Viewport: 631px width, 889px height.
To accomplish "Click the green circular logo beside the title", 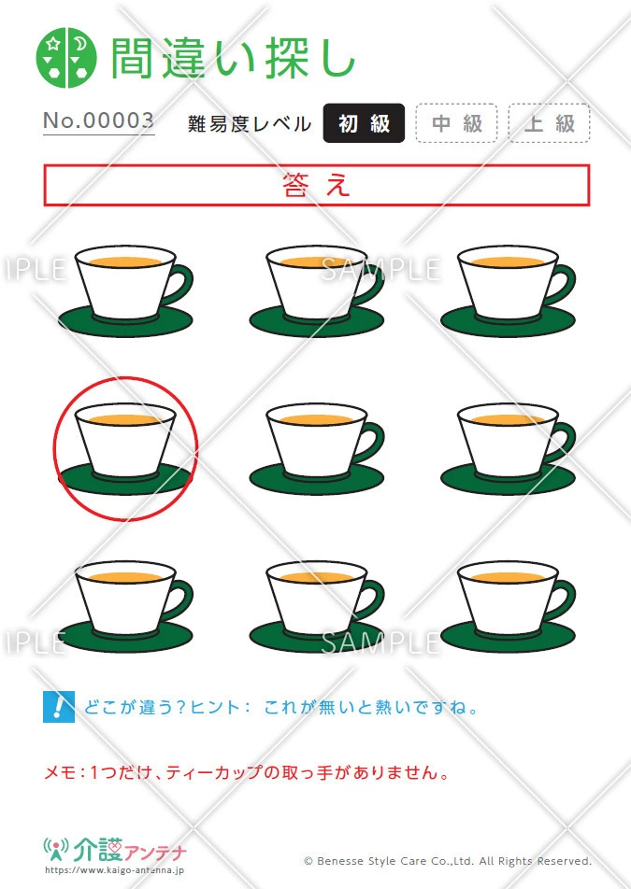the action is click(66, 58).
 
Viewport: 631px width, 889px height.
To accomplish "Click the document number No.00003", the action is click(99, 120).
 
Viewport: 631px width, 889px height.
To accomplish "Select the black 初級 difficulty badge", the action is click(364, 123).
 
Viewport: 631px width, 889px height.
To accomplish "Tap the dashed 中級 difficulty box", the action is click(457, 123).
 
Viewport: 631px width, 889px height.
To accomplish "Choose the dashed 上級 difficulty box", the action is click(550, 123).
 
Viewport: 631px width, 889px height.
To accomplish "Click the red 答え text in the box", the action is click(316, 186).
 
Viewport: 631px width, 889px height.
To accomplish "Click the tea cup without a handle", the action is click(125, 440).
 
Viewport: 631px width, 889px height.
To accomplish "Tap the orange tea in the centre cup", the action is click(317, 419).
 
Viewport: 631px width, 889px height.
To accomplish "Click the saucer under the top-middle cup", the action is click(317, 321).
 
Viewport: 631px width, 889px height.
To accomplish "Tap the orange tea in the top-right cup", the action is click(508, 261).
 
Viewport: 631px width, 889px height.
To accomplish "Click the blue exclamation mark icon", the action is click(59, 706).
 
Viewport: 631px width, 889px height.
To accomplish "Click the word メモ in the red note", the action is click(59, 772).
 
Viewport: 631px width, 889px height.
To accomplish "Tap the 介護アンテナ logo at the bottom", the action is click(115, 850).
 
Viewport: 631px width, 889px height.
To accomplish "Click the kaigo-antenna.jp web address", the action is click(114, 870).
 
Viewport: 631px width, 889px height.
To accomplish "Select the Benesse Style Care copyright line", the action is click(448, 861).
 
